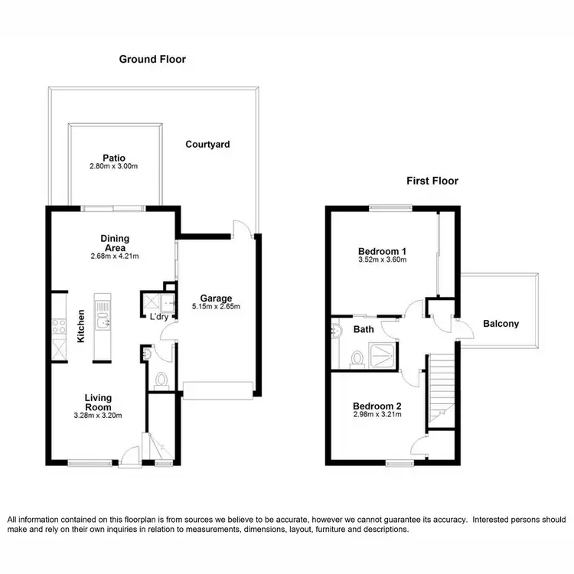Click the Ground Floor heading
click(152, 59)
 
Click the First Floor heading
click(432, 181)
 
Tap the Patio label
click(114, 158)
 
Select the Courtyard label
click(207, 144)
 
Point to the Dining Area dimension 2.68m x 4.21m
click(114, 257)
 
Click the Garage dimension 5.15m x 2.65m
click(216, 307)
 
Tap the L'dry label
click(159, 316)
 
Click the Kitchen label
click(80, 325)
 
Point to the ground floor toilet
click(160, 378)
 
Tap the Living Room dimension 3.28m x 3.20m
click(97, 416)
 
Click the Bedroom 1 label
click(382, 251)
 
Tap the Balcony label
click(501, 324)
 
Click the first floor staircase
click(440, 386)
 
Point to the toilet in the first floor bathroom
click(355, 357)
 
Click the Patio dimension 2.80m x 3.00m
click(114, 167)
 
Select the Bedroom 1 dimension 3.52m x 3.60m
click(382, 260)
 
